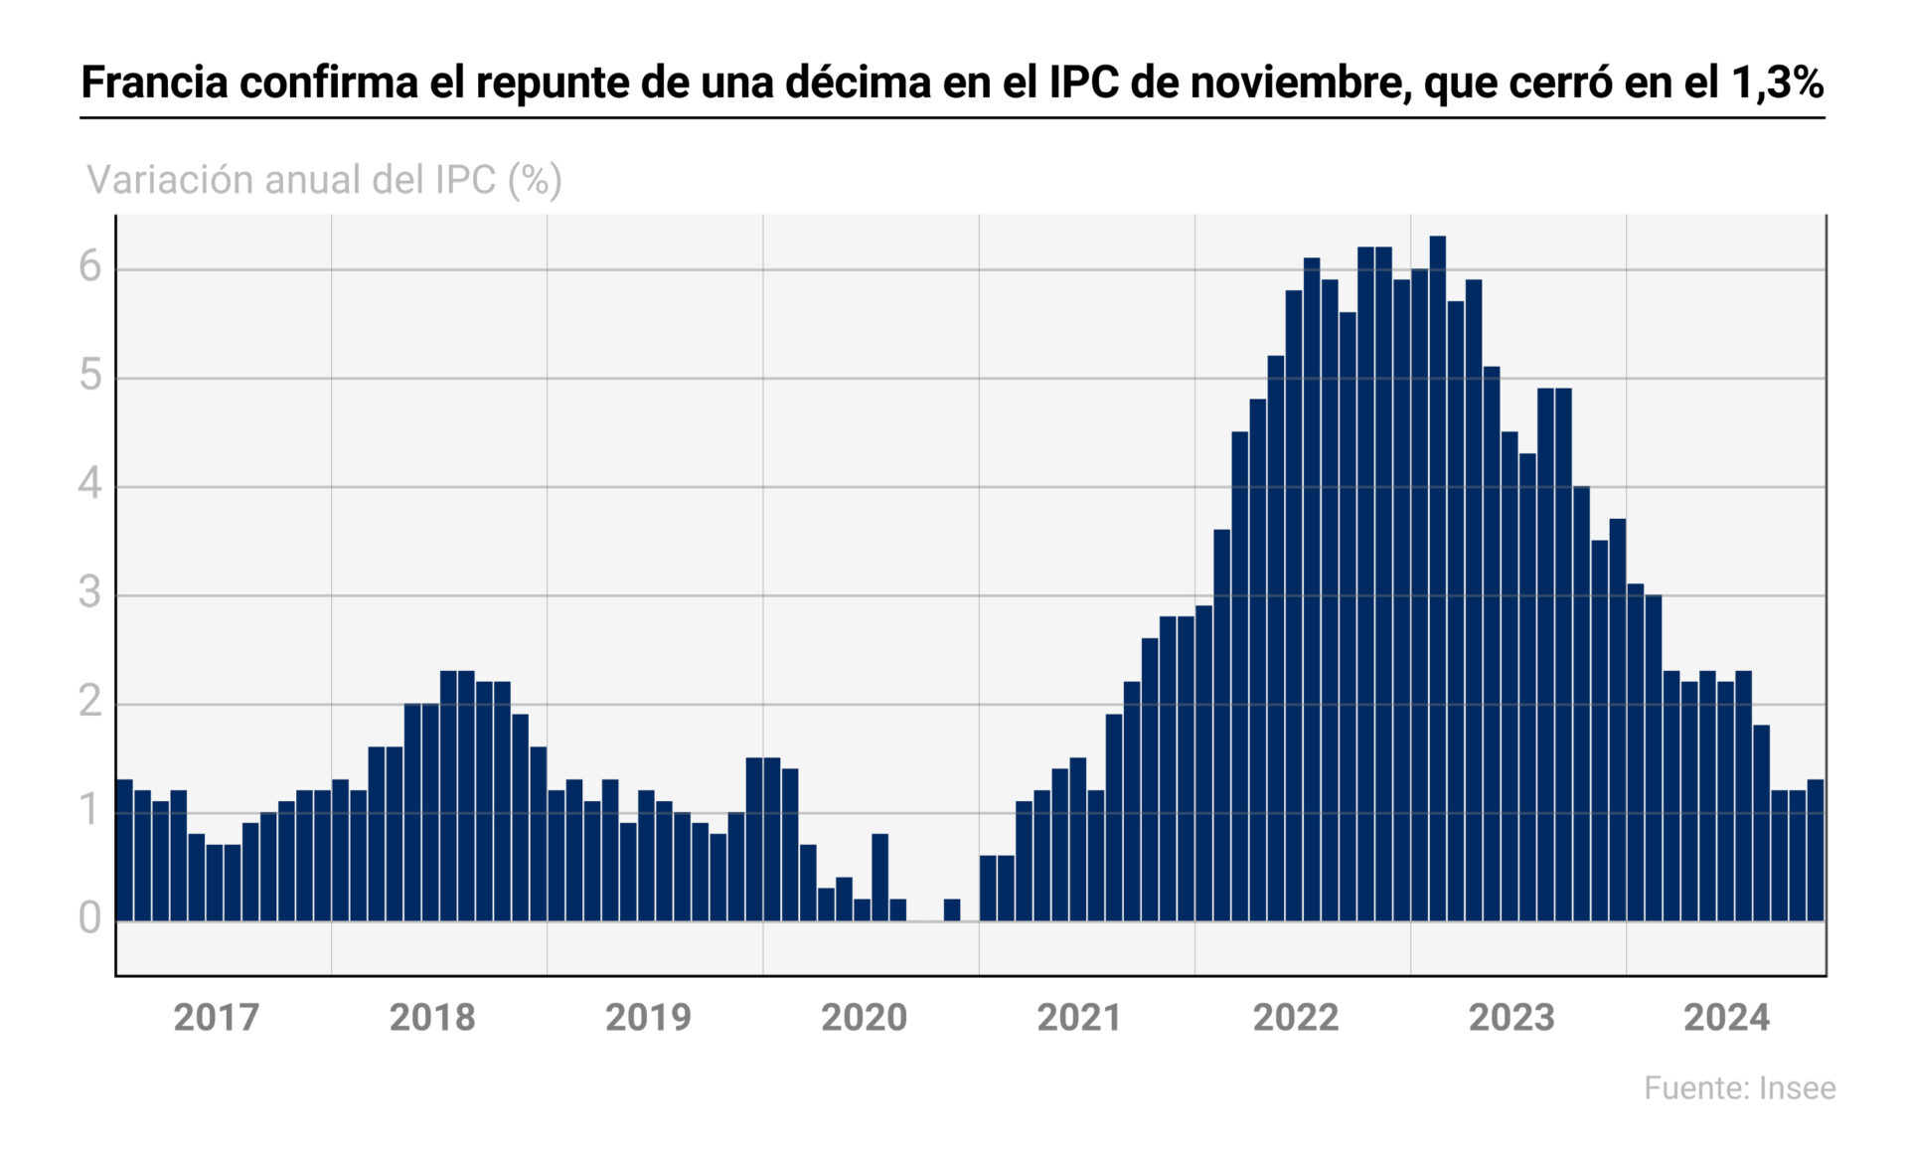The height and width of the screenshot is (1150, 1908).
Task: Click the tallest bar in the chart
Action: coord(1437,576)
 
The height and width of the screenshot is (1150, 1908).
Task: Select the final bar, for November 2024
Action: coord(1815,851)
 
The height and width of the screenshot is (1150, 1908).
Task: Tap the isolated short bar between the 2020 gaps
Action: coord(951,910)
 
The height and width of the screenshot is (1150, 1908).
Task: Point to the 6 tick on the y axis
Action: coord(90,267)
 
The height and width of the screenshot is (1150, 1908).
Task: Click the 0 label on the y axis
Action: coord(90,918)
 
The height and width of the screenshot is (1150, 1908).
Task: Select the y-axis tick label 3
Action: coord(90,593)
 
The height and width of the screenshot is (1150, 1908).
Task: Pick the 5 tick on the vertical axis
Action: coord(90,376)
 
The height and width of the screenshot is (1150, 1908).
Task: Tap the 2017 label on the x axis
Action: coord(216,1018)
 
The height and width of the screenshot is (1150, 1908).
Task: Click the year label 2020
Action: coord(864,1018)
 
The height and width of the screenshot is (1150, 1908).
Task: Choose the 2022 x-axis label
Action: coord(1295,1018)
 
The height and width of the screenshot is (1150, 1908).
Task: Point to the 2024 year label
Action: coord(1726,1018)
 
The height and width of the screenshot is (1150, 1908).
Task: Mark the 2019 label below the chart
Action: coord(648,1018)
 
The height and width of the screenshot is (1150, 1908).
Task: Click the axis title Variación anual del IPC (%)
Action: coord(324,180)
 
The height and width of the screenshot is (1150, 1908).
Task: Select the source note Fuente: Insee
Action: coord(1739,1088)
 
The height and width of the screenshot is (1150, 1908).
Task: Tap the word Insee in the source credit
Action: coord(1797,1088)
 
